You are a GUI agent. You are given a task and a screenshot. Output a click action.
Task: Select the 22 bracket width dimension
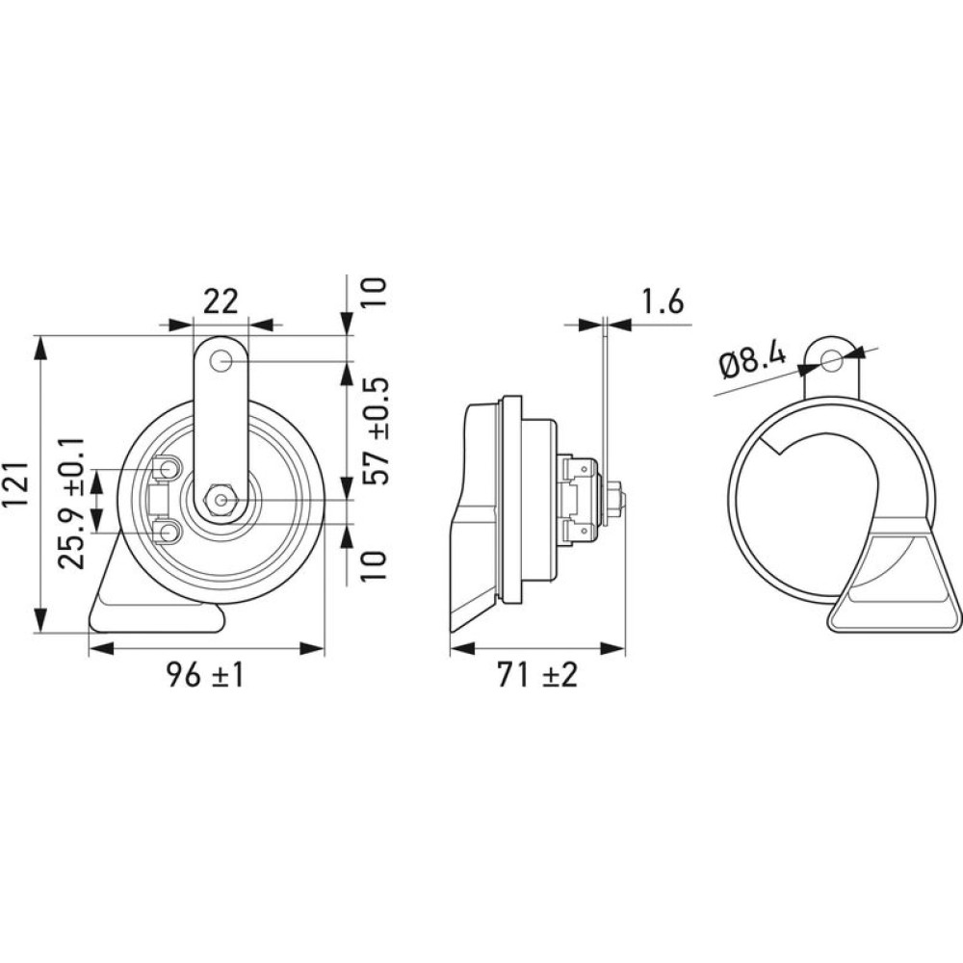tap(221, 301)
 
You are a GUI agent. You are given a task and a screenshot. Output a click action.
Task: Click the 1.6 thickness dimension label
tap(663, 302)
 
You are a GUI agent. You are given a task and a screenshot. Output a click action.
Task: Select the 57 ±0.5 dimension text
tap(376, 430)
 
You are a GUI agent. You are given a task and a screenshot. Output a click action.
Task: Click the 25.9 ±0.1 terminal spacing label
tap(69, 504)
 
